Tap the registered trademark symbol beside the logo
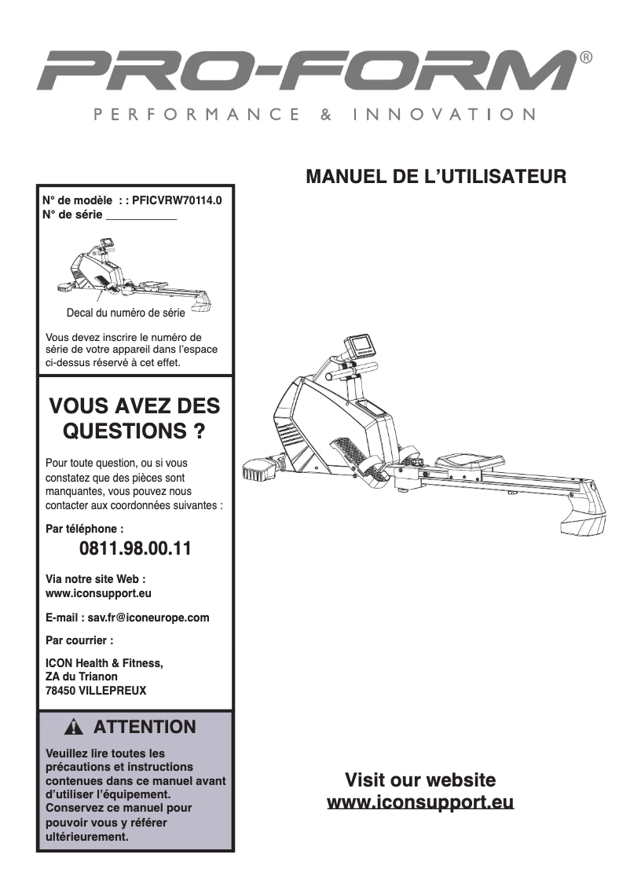[x=586, y=57]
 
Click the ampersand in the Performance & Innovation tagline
[x=326, y=115]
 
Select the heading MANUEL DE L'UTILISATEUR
[x=435, y=176]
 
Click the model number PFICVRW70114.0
[x=177, y=201]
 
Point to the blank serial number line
[x=141, y=216]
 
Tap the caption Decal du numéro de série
[x=126, y=313]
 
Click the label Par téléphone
[x=84, y=529]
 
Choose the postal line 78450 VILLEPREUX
[x=96, y=691]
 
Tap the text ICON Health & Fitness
[x=104, y=664]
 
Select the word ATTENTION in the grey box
[x=145, y=727]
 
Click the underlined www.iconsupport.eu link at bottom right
[x=420, y=803]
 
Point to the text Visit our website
[x=420, y=780]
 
